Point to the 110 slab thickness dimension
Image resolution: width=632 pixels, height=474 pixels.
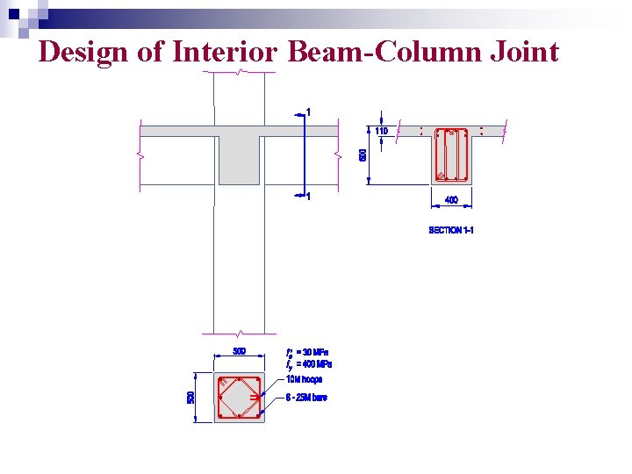pos(382,131)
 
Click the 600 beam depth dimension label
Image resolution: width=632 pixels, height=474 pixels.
pos(363,154)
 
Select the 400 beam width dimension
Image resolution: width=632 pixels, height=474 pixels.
pos(451,200)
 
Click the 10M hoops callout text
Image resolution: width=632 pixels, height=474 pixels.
pos(305,379)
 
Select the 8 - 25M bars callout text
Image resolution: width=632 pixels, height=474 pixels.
pos(307,399)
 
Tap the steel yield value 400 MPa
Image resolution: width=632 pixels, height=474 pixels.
pos(314,363)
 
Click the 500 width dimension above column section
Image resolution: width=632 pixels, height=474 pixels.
pos(240,351)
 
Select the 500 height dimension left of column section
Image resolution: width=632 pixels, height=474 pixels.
pos(191,398)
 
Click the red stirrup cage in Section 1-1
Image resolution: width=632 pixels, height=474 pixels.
pos(452,155)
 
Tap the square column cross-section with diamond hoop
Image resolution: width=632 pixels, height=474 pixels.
pos(239,398)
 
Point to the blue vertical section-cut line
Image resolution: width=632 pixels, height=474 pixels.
pos(301,154)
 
